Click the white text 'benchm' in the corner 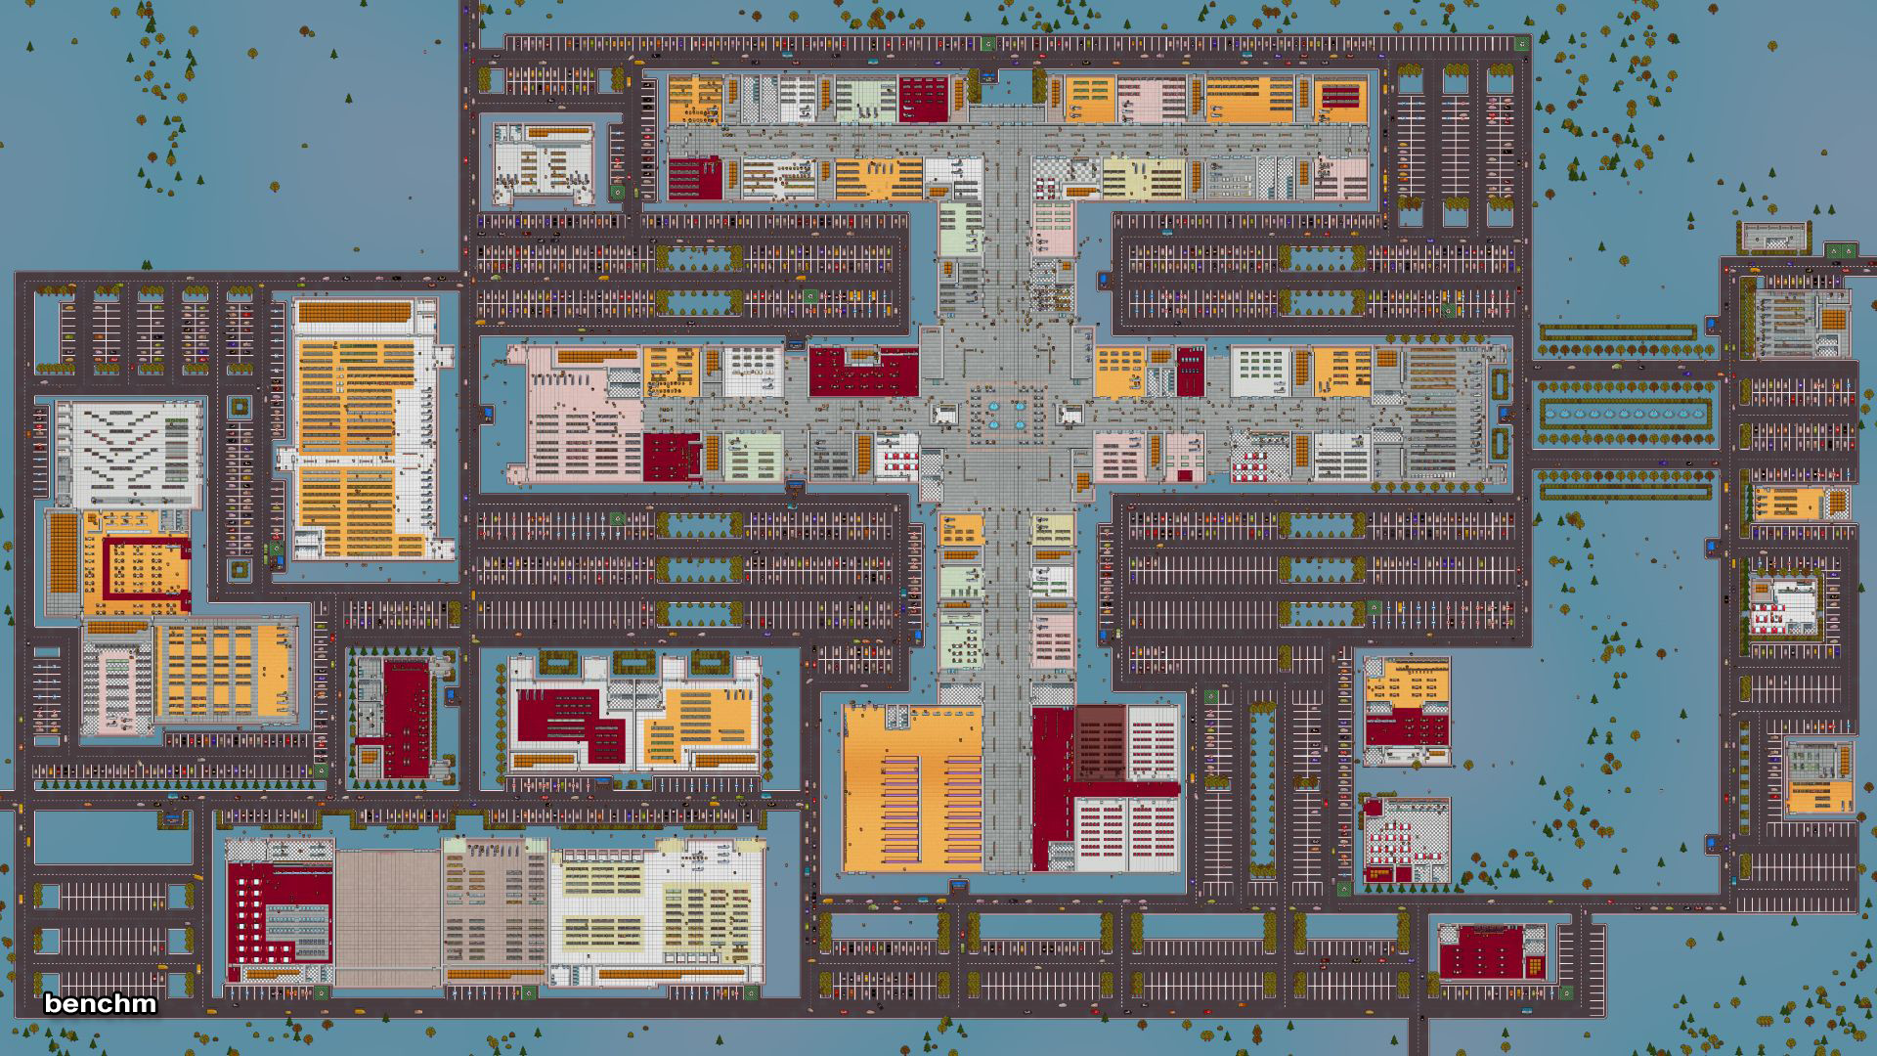(100, 1003)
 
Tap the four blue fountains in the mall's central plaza (1006, 415)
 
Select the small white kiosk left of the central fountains (945, 415)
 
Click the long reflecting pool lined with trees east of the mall (1627, 413)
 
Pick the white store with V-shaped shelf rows (130, 453)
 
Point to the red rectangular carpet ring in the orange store (145, 568)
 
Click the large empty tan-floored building (388, 917)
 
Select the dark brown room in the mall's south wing (1101, 743)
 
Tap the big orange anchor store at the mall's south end (912, 788)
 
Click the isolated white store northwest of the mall (544, 163)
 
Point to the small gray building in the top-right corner (1773, 237)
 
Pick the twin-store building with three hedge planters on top (633, 713)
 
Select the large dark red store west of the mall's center (863, 372)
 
